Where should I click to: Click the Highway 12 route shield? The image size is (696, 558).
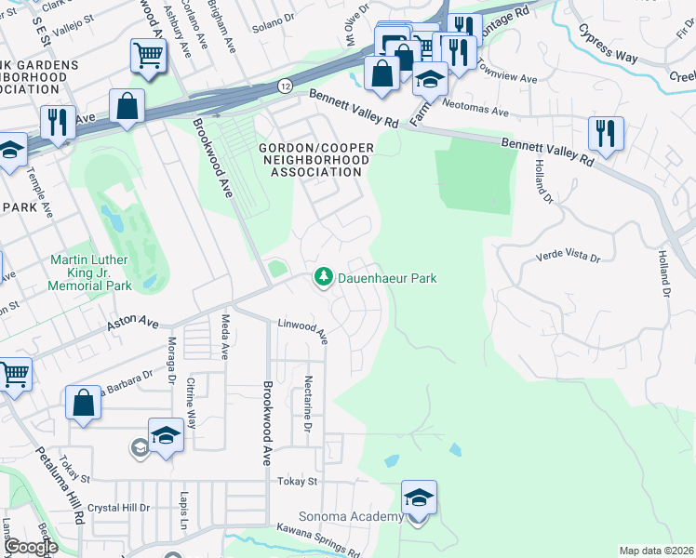284,86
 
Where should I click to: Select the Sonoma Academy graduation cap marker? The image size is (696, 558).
419,498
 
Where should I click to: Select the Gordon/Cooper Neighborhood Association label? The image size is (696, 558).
315,160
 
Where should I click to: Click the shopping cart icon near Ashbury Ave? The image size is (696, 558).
148,56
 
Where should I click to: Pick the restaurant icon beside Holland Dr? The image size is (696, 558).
606,134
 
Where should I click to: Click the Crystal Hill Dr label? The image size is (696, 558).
118,508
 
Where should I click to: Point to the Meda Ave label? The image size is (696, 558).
225,337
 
